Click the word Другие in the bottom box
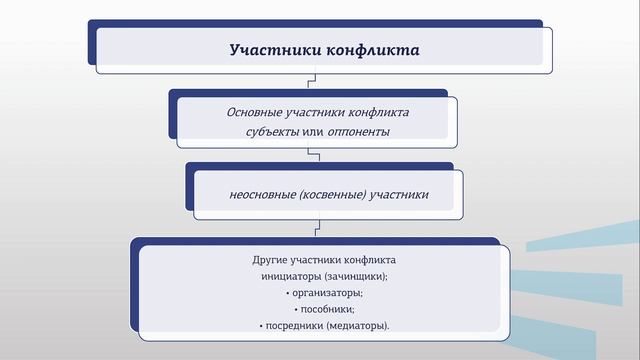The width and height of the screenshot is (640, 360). click(270, 261)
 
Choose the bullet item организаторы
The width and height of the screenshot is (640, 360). click(325, 292)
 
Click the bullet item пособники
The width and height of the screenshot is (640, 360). click(325, 309)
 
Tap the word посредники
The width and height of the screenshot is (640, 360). click(295, 325)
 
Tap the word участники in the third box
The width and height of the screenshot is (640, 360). click(398, 195)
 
